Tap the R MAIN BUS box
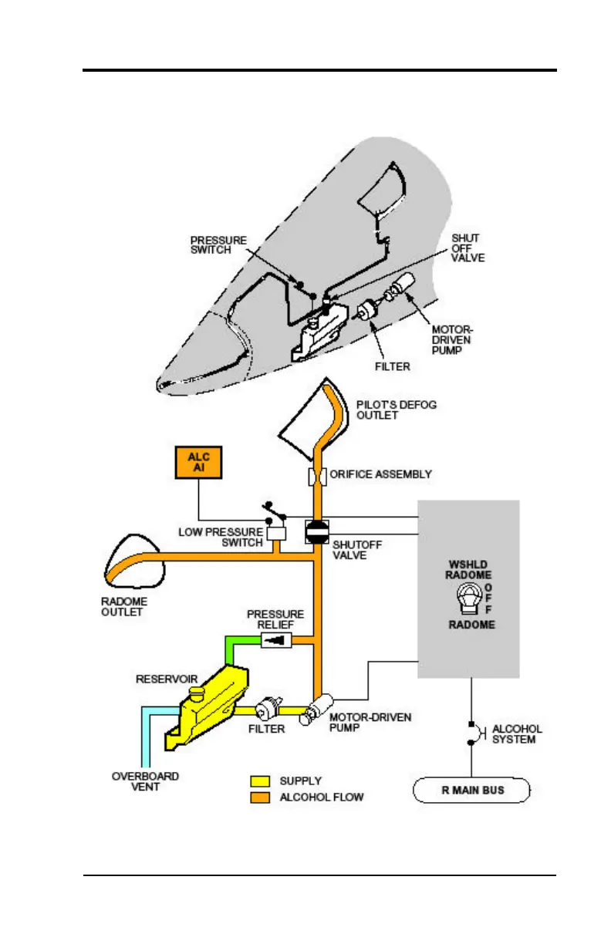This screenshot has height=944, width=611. [x=472, y=791]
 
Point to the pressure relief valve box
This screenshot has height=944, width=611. [x=276, y=640]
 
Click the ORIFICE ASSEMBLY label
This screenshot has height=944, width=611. [x=380, y=474]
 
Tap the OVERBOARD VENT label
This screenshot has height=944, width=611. [x=147, y=780]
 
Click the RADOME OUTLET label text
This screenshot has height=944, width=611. [x=124, y=606]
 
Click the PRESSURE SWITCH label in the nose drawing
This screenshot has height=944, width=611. [x=218, y=246]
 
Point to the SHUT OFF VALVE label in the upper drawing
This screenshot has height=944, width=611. [x=468, y=248]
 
